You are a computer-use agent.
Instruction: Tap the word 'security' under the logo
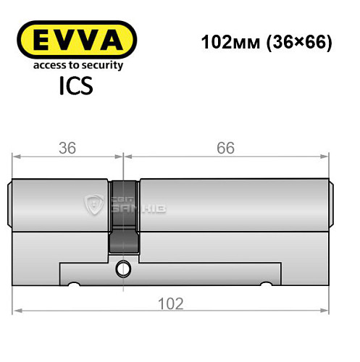(x=104, y=65)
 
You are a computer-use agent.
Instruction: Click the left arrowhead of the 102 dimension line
(x=17, y=311)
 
